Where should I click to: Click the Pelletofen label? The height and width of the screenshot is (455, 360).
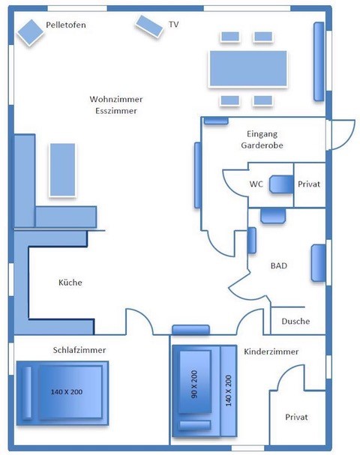click(x=66, y=25)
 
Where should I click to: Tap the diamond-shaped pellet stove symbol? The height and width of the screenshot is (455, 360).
click(x=30, y=32)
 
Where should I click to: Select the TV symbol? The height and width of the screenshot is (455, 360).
click(x=149, y=26)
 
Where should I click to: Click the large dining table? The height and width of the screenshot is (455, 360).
click(x=248, y=68)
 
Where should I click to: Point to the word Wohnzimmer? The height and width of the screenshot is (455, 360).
click(x=116, y=99)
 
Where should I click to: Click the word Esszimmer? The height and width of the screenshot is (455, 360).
click(x=116, y=111)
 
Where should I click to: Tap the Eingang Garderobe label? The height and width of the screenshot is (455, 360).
click(x=262, y=139)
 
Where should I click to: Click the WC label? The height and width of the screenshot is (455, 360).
click(x=256, y=184)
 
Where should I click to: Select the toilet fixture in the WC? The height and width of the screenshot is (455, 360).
click(x=281, y=184)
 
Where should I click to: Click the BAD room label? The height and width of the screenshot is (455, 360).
click(x=279, y=266)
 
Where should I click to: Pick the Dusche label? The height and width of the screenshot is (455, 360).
click(x=295, y=322)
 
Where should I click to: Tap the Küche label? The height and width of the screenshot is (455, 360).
click(x=70, y=283)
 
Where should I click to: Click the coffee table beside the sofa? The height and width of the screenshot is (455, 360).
click(x=62, y=170)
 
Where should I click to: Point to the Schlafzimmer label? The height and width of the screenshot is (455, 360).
click(x=79, y=350)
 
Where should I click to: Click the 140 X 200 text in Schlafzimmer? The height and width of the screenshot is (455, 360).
click(x=67, y=392)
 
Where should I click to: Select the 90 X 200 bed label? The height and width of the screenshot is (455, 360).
click(x=194, y=384)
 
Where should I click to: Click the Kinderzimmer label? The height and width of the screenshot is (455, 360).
click(x=271, y=352)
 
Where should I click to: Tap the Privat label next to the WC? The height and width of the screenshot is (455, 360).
click(x=309, y=184)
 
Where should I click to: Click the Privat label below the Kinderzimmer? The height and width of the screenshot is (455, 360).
click(x=296, y=418)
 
